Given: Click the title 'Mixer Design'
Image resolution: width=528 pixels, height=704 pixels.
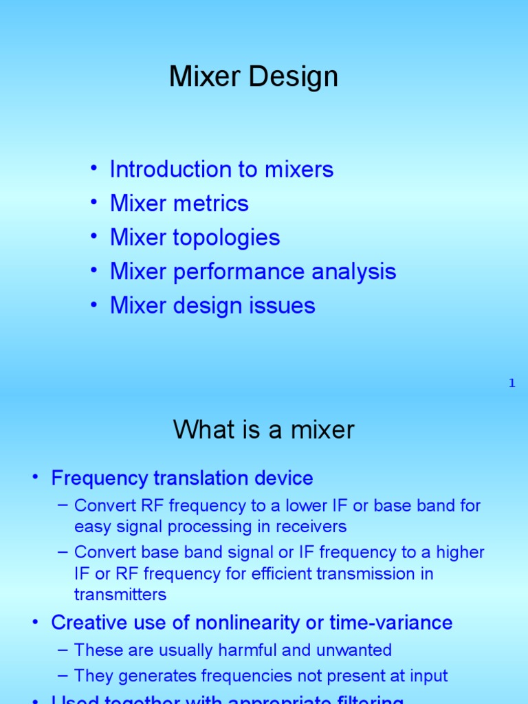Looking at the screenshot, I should (254, 77).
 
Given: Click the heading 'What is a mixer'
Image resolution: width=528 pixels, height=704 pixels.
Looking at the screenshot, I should (264, 430).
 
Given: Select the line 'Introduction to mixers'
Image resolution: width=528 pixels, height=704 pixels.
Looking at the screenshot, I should (221, 169).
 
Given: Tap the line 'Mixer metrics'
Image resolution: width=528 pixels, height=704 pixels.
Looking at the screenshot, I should (179, 203).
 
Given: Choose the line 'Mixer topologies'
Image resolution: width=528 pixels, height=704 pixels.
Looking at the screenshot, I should (195, 237).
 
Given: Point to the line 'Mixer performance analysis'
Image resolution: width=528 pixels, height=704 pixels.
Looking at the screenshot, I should (253, 271).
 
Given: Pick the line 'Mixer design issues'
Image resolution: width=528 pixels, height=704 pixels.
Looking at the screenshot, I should (212, 305).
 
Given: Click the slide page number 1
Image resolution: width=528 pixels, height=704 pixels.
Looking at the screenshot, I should (511, 384).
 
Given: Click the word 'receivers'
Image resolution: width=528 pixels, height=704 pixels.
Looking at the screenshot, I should (313, 527).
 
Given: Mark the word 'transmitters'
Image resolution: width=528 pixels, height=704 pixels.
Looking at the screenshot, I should (120, 594).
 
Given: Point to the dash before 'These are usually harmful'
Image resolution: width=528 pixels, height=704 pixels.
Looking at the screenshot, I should (63, 650).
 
